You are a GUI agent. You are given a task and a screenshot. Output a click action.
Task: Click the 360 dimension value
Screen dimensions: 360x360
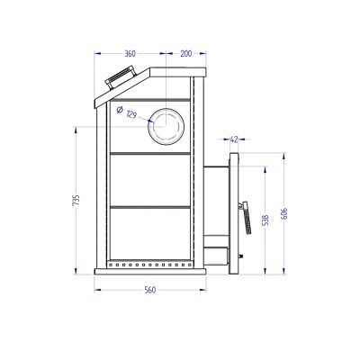(x=130, y=54)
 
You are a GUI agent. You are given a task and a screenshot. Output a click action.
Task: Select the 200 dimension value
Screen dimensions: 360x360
(x=186, y=54)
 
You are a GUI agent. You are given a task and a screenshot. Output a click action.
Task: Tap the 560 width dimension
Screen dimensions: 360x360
(x=150, y=290)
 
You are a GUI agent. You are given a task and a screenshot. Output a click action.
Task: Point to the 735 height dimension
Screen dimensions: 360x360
(x=76, y=200)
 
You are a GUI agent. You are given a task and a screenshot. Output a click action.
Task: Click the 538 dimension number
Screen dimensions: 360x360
(x=265, y=220)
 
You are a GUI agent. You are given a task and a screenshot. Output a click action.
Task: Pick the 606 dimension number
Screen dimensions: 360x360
(x=284, y=213)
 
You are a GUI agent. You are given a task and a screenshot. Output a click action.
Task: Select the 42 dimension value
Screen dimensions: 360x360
(x=234, y=139)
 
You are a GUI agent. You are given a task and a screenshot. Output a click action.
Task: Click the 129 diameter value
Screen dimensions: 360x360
(x=131, y=114)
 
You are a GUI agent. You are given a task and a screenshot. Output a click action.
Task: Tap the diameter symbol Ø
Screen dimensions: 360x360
(x=119, y=110)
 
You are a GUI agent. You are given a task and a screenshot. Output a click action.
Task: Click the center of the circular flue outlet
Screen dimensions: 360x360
(x=166, y=126)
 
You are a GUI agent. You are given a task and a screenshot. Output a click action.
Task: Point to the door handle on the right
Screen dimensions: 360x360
(x=246, y=218)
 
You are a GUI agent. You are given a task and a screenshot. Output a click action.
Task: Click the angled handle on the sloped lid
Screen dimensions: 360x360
(x=120, y=77)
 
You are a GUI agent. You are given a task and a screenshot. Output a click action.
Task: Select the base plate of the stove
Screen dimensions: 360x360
(x=150, y=272)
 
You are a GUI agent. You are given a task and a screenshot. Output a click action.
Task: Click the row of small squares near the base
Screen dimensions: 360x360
(x=150, y=265)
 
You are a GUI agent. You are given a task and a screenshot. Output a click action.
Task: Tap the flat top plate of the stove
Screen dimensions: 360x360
(x=178, y=72)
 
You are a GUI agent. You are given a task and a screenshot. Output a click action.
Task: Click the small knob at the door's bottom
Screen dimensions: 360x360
(x=240, y=256)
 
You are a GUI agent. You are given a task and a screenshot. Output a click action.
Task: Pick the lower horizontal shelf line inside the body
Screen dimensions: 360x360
(x=150, y=207)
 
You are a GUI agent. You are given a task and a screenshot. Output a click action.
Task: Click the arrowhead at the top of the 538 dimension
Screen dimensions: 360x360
(x=265, y=169)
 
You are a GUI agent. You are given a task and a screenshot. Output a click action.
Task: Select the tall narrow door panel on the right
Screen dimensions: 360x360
(x=234, y=213)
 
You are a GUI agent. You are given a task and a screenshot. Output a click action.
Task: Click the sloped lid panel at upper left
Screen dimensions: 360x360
(x=122, y=88)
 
